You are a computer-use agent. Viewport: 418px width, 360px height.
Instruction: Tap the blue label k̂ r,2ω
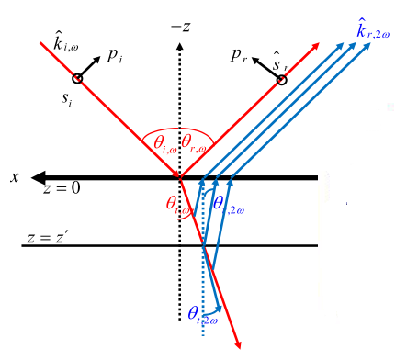point(376,34)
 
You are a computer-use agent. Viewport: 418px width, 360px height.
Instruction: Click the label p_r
point(242,57)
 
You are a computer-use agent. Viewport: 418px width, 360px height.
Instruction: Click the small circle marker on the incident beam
point(77,79)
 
